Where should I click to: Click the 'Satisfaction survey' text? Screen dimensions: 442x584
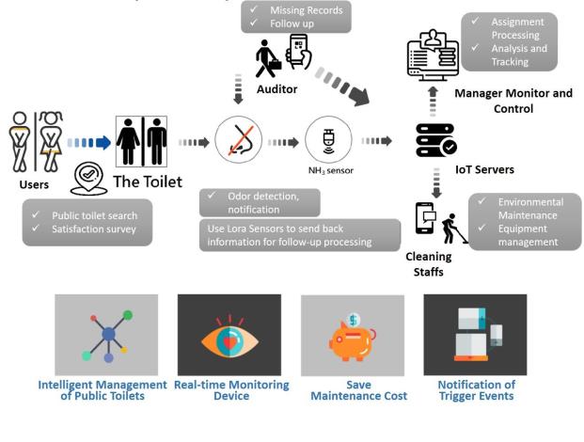95,228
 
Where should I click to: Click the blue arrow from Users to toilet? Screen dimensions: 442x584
88,143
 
